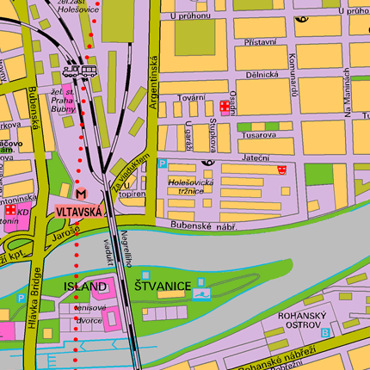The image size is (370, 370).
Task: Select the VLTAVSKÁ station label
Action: (x=79, y=210)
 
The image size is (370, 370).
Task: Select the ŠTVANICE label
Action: (x=162, y=286)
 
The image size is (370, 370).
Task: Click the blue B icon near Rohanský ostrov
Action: (x=324, y=331)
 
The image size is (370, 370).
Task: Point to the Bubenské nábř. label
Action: (x=203, y=225)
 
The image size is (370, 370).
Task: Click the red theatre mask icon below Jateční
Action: (x=282, y=170)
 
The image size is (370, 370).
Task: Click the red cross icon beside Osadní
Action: (x=225, y=107)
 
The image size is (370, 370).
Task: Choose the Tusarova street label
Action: (x=258, y=134)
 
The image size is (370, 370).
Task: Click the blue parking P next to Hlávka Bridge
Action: (x=22, y=298)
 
